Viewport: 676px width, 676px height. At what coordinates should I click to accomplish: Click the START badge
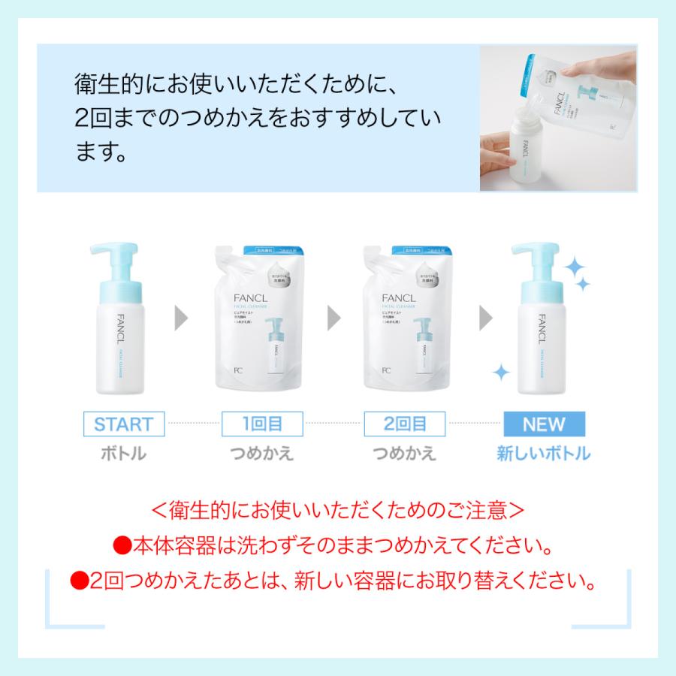coord(124,424)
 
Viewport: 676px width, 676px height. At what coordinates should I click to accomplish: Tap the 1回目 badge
coord(262,424)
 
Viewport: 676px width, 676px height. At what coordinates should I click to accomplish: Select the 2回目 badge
coord(405,424)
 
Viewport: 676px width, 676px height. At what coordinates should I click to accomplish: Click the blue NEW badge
coord(544,424)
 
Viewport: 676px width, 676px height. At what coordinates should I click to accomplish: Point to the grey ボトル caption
coord(122,454)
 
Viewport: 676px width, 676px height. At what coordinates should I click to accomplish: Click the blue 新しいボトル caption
coord(544,454)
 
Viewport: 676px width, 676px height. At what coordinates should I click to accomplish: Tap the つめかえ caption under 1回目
coord(262,454)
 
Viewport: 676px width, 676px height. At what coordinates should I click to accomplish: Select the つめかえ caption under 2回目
coord(405,454)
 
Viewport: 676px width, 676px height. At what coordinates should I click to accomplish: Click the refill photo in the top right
coord(558,118)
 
